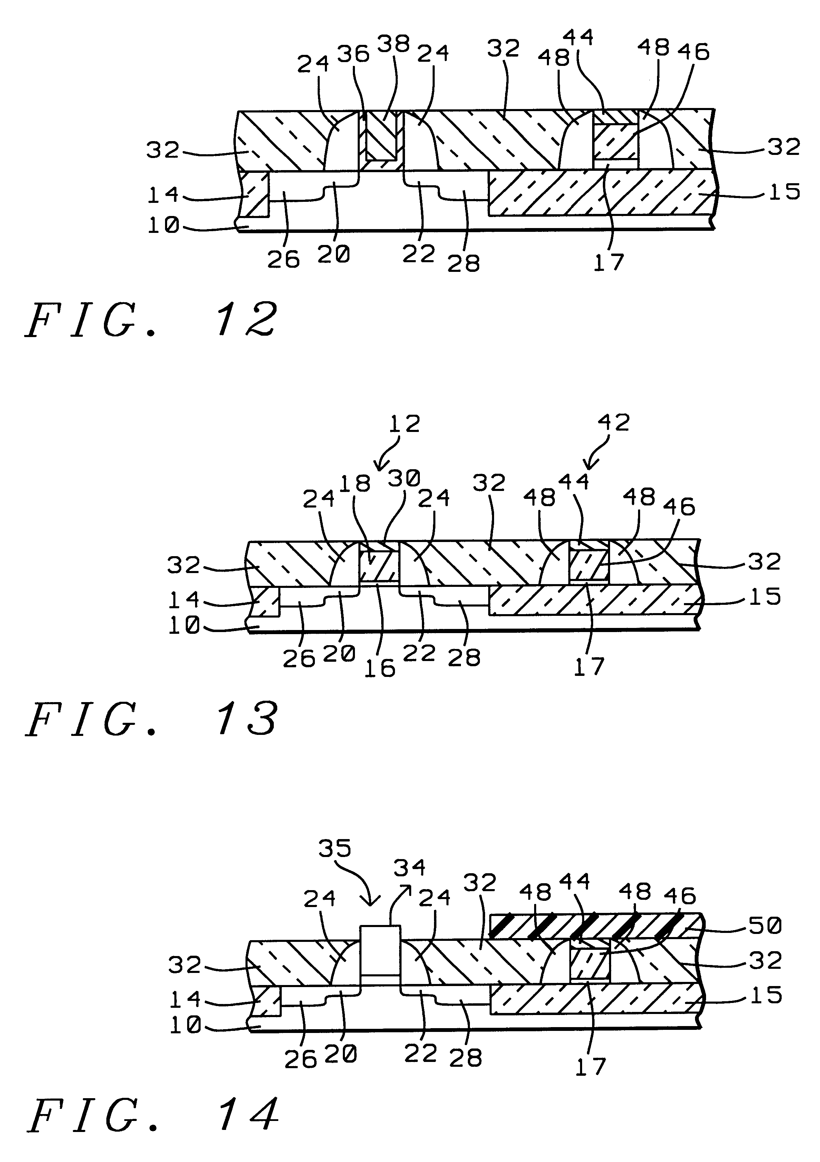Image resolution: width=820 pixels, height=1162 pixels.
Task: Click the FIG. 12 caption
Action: pos(152,319)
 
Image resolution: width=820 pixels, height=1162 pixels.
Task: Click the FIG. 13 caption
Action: pos(152,719)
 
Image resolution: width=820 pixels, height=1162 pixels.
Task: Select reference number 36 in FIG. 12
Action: pos(354,54)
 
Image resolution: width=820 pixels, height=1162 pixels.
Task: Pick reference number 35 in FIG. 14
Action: pos(335,848)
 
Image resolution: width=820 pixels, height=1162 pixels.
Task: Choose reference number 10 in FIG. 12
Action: pos(163,225)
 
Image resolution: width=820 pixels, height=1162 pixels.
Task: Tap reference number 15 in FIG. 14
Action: pos(766,995)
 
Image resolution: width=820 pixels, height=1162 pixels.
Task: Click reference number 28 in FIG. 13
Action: pos(464,658)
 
